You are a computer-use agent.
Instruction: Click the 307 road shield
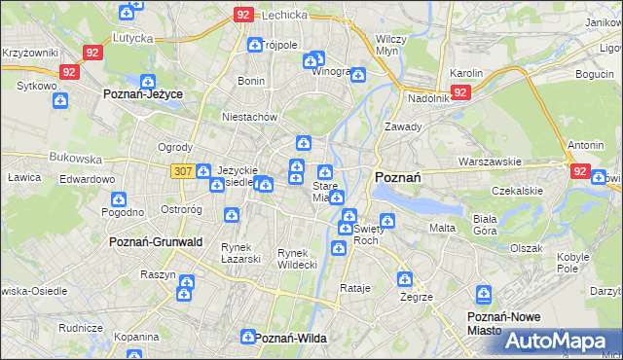(x=180, y=170)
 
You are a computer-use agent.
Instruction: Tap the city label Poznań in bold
(x=397, y=177)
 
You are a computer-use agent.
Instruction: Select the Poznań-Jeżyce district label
(x=143, y=93)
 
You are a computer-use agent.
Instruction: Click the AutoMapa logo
(x=563, y=341)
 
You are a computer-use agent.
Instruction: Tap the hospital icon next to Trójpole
(x=255, y=45)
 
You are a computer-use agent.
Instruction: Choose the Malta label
(x=442, y=228)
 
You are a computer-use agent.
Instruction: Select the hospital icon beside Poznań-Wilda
(x=247, y=337)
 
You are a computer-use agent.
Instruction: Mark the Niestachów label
(x=250, y=117)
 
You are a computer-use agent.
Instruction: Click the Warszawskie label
(x=492, y=162)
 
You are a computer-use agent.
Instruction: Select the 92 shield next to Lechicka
(x=244, y=15)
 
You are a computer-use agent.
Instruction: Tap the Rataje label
(x=356, y=288)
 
